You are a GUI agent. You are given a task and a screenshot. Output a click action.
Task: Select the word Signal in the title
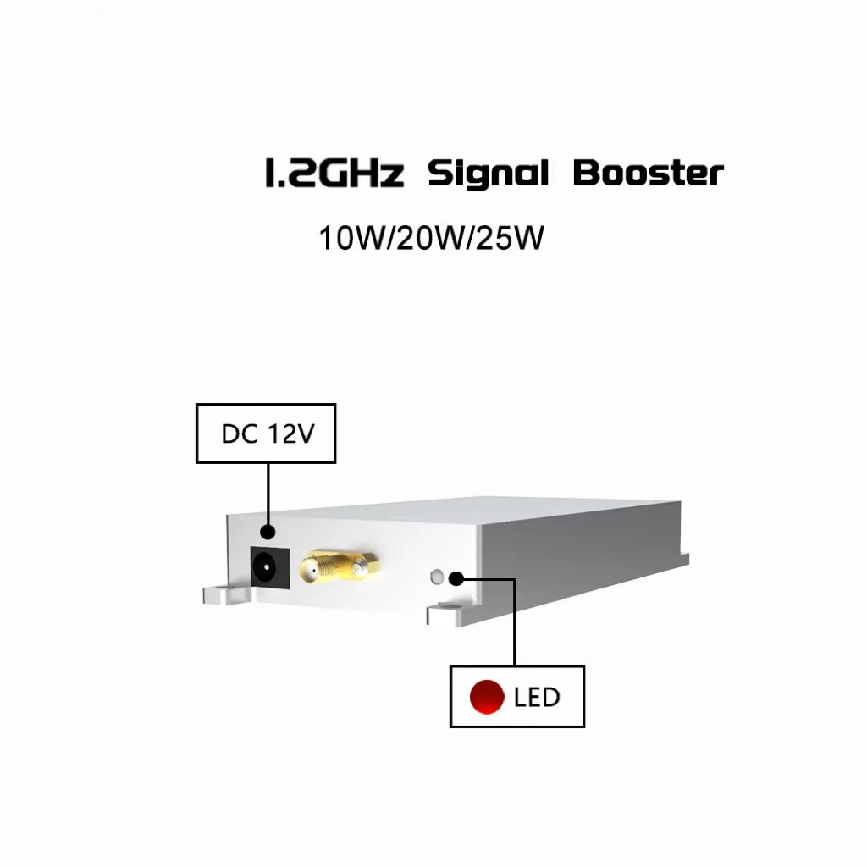click(488, 174)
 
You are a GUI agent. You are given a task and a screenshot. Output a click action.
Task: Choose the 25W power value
click(509, 239)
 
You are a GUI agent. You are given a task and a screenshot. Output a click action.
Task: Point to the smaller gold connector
click(362, 566)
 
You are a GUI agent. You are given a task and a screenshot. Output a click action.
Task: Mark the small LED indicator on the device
click(437, 578)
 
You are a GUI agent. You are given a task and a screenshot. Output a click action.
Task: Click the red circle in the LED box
click(488, 697)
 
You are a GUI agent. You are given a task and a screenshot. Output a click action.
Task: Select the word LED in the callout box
click(537, 698)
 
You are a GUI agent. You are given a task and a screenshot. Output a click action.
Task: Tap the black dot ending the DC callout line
click(268, 532)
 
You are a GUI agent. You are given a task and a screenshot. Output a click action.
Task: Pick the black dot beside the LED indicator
click(456, 578)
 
